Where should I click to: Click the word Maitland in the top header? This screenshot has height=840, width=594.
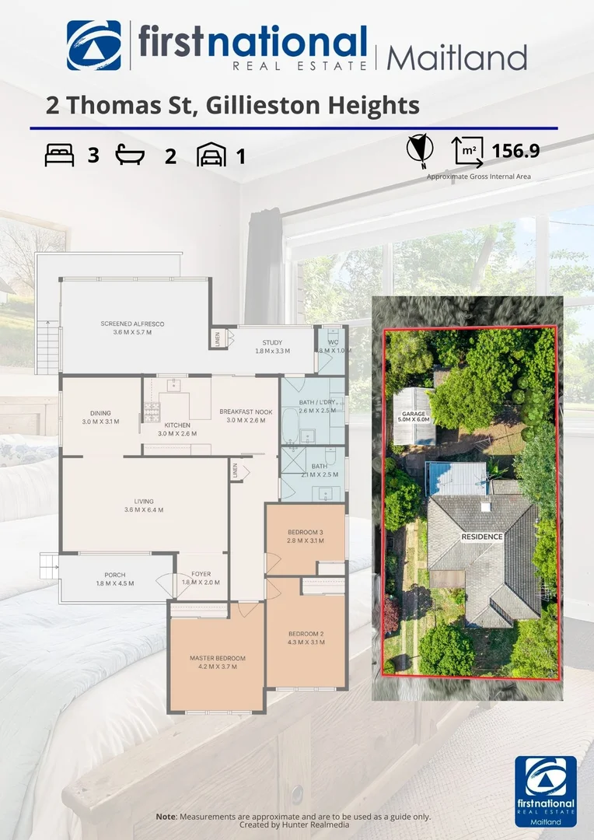click(x=456, y=58)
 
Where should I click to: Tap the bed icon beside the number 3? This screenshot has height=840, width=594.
click(x=59, y=156)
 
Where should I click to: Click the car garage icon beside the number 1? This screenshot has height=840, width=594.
click(x=211, y=155)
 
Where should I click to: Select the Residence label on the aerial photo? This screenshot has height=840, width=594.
click(x=482, y=537)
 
